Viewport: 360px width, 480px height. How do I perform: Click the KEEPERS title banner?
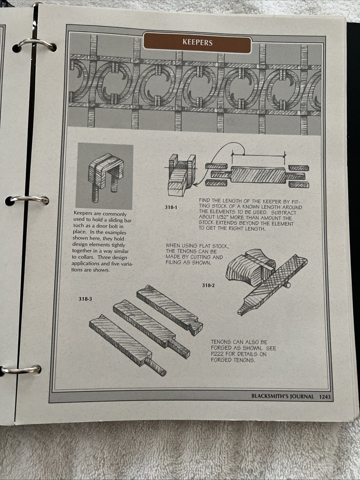(x=197, y=43)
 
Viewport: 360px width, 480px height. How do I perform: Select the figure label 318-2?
(x=208, y=285)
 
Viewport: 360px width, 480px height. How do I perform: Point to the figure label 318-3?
(x=85, y=299)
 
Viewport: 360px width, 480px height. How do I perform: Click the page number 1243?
(x=324, y=396)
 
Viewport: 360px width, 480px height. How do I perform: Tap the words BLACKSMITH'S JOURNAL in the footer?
(x=283, y=396)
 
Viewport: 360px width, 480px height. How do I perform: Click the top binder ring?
(x=36, y=45)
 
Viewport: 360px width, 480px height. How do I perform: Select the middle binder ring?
(x=30, y=199)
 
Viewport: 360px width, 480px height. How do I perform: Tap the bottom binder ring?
(x=22, y=369)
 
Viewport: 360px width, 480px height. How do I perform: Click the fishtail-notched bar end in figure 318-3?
(x=194, y=327)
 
